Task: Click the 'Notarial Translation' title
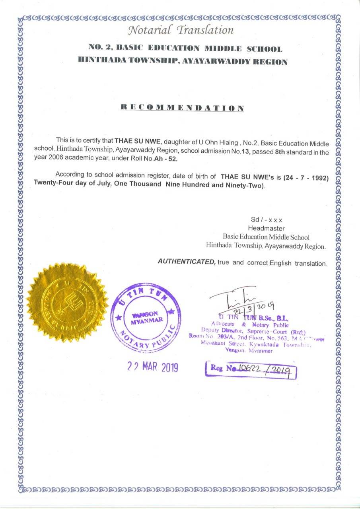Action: click(181, 30)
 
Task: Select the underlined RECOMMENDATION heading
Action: click(182, 108)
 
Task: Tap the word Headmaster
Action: click(266, 228)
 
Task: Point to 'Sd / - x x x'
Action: click(267, 220)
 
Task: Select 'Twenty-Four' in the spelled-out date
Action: click(51, 186)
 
